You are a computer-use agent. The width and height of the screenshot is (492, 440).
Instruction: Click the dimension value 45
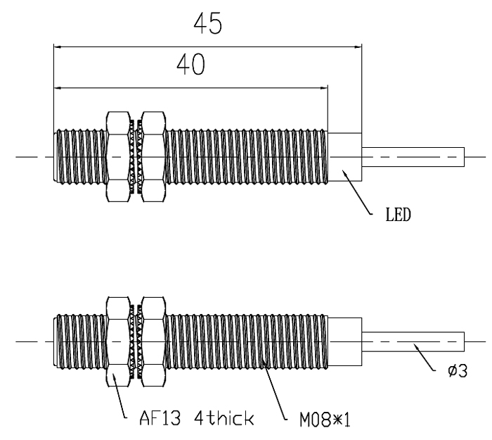click(x=208, y=23)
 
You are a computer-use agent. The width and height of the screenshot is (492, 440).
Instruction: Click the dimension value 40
click(x=190, y=65)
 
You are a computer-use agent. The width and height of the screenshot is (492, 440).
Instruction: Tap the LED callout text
click(x=398, y=215)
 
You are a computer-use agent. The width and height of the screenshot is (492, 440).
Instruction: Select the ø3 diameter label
click(x=458, y=370)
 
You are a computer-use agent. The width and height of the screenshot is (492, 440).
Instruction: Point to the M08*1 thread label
click(x=325, y=420)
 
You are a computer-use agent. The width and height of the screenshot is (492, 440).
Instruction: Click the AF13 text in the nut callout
click(x=160, y=418)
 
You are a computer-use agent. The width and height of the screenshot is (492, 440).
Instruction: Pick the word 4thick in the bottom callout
click(x=224, y=418)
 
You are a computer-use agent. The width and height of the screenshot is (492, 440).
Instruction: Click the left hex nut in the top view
click(x=118, y=156)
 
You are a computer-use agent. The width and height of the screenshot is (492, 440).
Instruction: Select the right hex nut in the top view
click(x=153, y=156)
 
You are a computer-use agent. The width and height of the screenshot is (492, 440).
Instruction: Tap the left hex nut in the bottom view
click(x=118, y=341)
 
